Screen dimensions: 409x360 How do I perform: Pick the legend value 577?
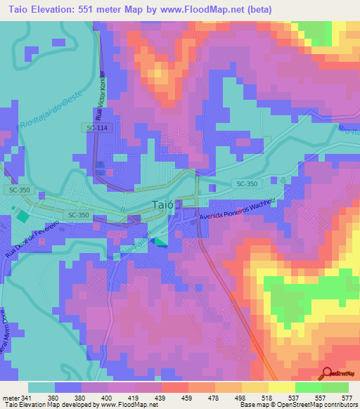(x=347, y=397)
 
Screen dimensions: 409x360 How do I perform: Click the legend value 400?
(x=105, y=397)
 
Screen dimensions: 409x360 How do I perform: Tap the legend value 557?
(x=321, y=397)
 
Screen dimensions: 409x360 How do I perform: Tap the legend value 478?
(x=213, y=397)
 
